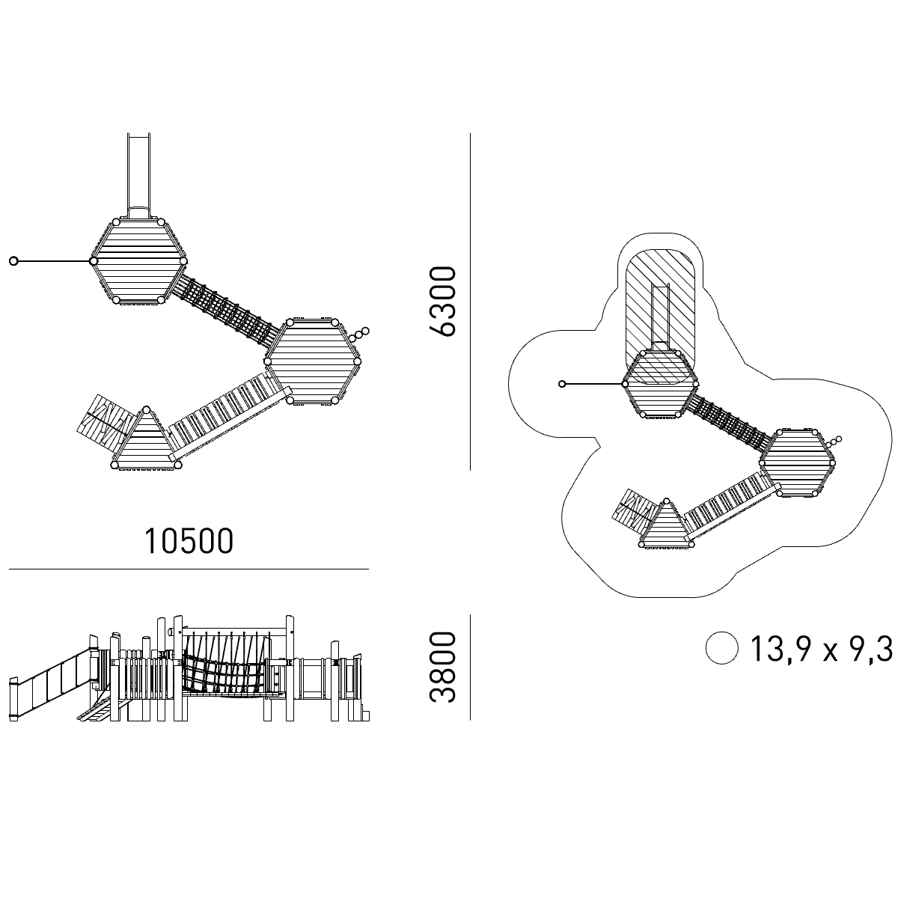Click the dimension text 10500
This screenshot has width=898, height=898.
coord(189,541)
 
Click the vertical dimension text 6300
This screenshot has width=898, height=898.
coord(442,302)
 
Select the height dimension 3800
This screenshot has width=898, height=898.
coord(442,668)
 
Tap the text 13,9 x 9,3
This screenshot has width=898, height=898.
coord(821,649)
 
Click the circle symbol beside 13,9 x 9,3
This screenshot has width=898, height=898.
coord(722,648)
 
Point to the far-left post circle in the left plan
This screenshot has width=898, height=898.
coord(14,261)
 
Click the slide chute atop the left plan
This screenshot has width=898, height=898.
coord(139,176)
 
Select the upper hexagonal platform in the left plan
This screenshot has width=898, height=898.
coord(138,261)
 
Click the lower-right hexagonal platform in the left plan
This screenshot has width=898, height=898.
coord(312,361)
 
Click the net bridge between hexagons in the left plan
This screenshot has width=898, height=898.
coord(227,310)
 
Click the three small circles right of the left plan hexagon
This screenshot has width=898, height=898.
coord(360,334)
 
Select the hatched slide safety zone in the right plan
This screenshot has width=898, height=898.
coord(662,317)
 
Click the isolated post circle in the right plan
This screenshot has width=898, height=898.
coord(562,384)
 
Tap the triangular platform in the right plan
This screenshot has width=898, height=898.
coord(667,525)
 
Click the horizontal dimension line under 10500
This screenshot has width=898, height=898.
coord(189,569)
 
